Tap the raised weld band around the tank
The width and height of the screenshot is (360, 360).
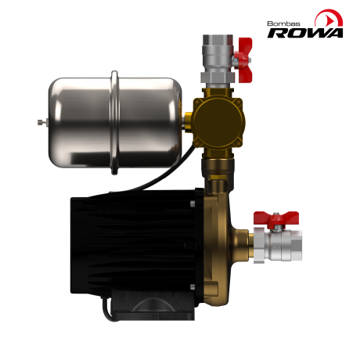click(115, 121)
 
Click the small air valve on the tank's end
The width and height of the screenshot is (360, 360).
click(41, 121)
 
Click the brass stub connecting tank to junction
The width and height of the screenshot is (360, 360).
click(189, 119)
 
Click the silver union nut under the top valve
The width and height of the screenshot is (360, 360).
click(216, 77)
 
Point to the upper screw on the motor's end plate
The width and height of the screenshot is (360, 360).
click(192, 205)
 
